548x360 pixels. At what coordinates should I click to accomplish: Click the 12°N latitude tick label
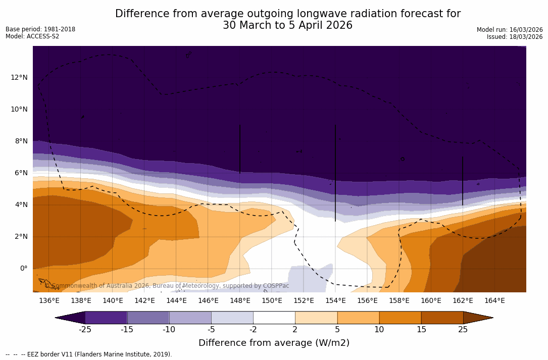[19, 77]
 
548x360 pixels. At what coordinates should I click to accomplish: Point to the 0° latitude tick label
[23, 268]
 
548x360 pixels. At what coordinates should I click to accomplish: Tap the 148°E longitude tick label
[240, 300]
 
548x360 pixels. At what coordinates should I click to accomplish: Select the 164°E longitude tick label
[494, 300]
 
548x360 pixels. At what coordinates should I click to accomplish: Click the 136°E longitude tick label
[49, 300]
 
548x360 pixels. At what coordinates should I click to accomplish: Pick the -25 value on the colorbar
[85, 330]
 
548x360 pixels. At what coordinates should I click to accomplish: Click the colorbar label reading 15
[421, 330]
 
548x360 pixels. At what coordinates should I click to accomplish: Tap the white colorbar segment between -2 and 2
[274, 318]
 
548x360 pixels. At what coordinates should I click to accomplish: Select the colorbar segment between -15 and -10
[148, 318]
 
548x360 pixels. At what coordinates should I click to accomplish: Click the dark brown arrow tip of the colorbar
[477, 318]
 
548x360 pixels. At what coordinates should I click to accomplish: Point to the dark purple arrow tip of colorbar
[71, 318]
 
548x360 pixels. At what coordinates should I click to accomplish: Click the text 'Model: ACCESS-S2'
[32, 36]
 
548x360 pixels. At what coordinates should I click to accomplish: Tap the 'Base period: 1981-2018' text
[40, 29]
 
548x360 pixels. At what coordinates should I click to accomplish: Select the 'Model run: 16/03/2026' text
[510, 30]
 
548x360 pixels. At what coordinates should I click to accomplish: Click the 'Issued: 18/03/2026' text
[515, 37]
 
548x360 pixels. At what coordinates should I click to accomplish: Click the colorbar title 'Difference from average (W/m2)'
[274, 343]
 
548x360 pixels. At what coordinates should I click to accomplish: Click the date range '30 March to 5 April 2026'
[287, 25]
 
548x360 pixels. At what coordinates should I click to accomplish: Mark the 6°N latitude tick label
[21, 173]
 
